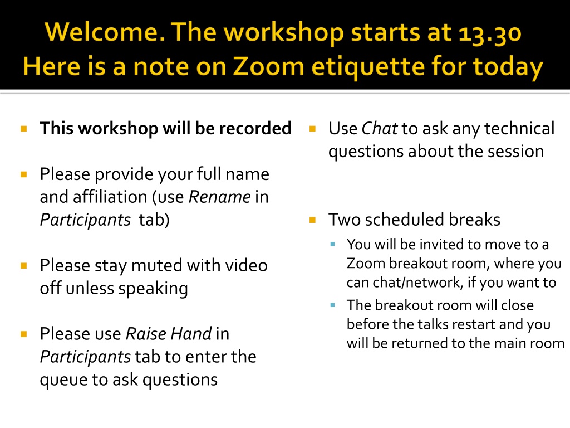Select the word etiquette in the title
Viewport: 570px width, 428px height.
(368, 67)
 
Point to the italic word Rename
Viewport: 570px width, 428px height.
(219, 197)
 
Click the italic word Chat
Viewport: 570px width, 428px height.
(380, 129)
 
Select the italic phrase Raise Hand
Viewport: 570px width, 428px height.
(169, 334)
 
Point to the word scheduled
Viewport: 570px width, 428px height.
(405, 220)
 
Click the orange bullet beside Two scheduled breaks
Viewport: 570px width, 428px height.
(312, 220)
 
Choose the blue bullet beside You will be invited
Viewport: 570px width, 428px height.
(333, 244)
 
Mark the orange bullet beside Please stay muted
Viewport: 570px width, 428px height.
(24, 266)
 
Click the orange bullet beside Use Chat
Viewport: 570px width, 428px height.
(312, 129)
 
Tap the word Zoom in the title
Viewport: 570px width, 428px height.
(268, 67)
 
